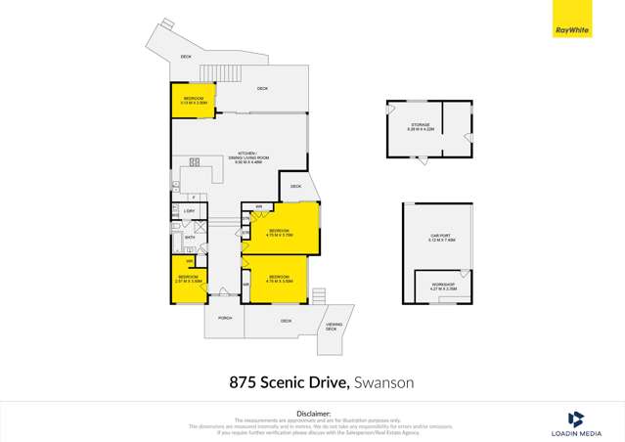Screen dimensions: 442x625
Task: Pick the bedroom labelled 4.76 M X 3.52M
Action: click(x=283, y=278)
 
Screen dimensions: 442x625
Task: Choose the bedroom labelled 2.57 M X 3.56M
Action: click(x=188, y=282)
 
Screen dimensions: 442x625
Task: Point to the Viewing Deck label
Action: click(x=332, y=328)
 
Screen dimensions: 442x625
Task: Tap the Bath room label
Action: click(x=190, y=238)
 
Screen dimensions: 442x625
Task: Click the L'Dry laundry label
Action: click(x=190, y=211)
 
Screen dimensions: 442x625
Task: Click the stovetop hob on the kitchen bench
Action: click(x=194, y=162)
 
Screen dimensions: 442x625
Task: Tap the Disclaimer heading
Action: click(x=313, y=414)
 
